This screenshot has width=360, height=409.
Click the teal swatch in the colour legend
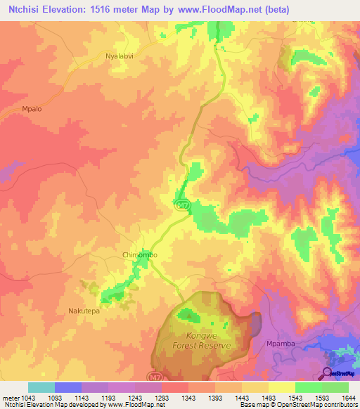click(41, 387)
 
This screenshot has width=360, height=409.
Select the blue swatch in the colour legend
click(68, 387)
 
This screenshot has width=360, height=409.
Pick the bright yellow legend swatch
click(282, 387)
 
